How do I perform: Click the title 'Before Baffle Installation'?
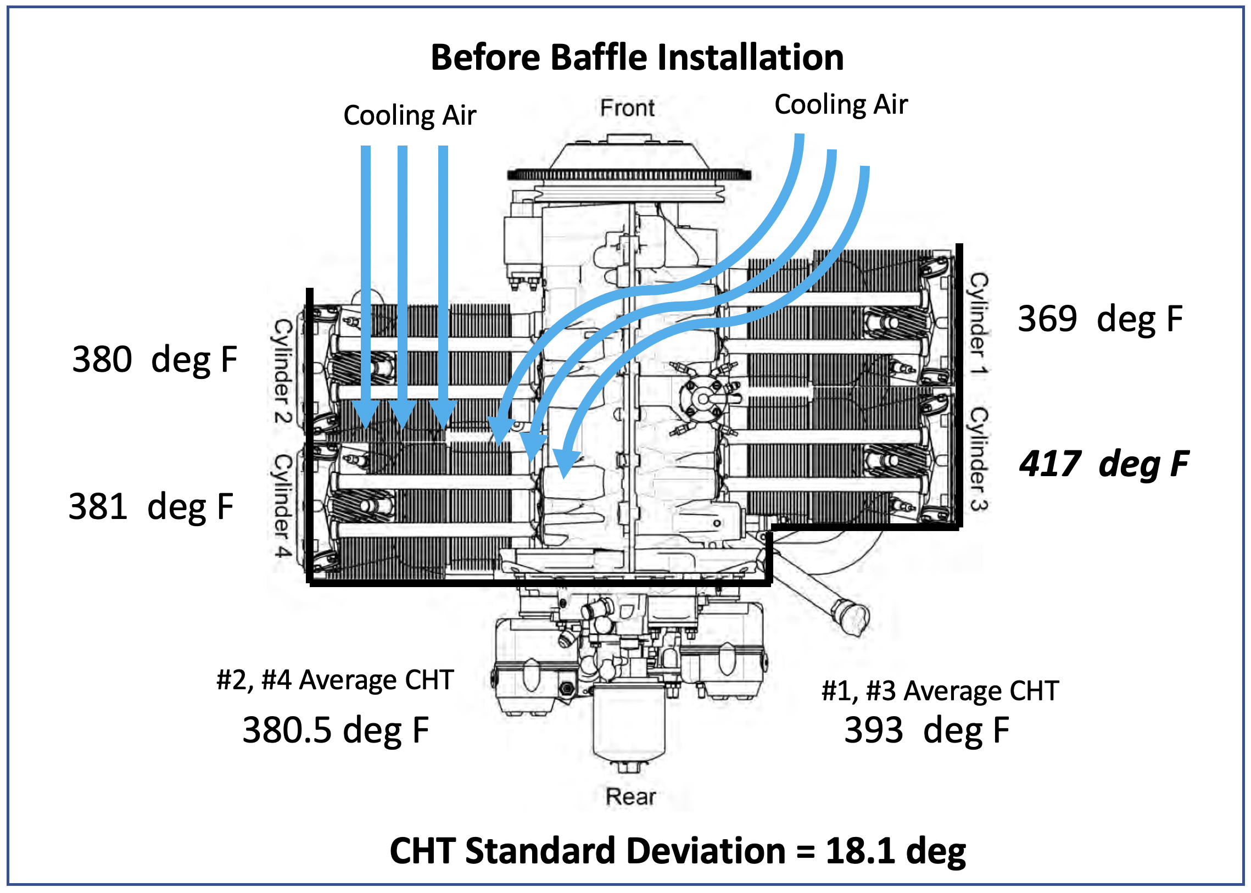click(637, 57)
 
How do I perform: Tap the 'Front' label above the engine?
click(627, 108)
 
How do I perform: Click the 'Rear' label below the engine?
click(630, 797)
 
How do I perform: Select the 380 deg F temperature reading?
click(154, 360)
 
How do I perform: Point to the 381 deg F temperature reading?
click(150, 506)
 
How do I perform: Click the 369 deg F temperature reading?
click(1100, 319)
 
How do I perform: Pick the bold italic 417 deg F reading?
click(1104, 464)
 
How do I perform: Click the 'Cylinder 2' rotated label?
click(283, 371)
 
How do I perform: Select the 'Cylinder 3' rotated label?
click(978, 459)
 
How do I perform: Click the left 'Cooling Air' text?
click(410, 115)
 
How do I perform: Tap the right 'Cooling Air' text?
click(841, 104)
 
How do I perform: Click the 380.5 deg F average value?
click(336, 731)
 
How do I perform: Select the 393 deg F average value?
click(926, 731)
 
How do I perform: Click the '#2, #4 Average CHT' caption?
click(336, 680)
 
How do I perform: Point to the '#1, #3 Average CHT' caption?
click(940, 691)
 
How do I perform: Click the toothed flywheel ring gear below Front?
click(629, 175)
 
